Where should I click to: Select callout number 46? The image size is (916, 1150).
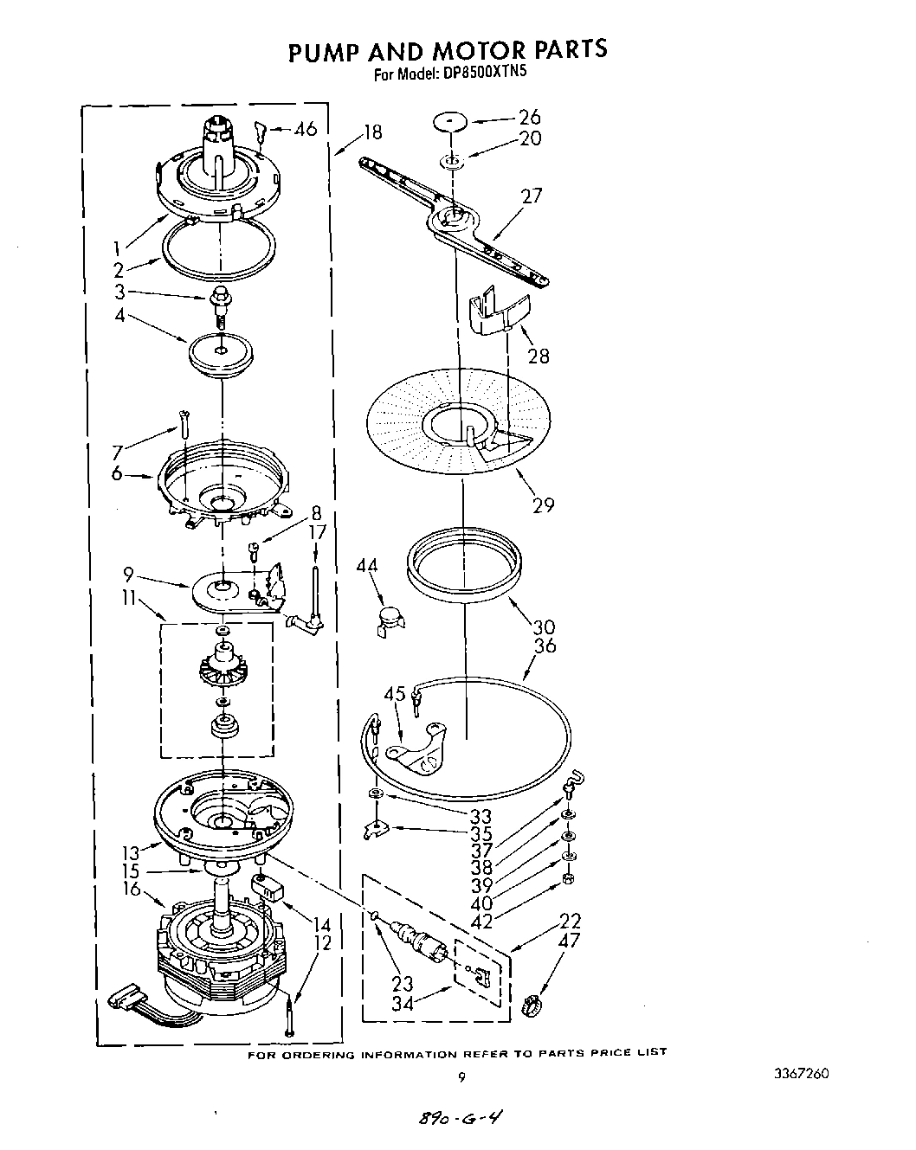point(305,130)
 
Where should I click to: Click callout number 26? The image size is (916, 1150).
point(528,117)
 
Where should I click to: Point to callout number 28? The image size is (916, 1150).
point(539,356)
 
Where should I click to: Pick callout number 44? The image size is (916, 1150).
point(367,566)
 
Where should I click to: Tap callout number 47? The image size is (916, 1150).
point(570,941)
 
